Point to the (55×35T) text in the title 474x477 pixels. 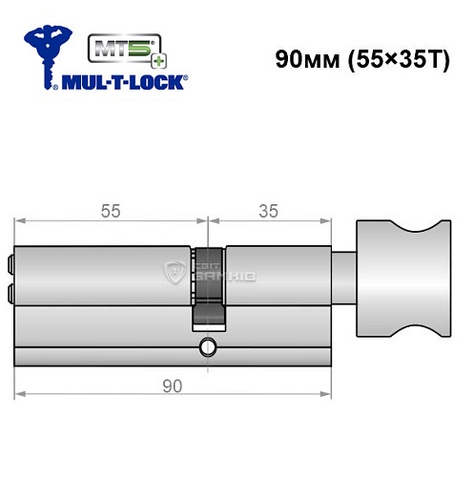click(392, 59)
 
